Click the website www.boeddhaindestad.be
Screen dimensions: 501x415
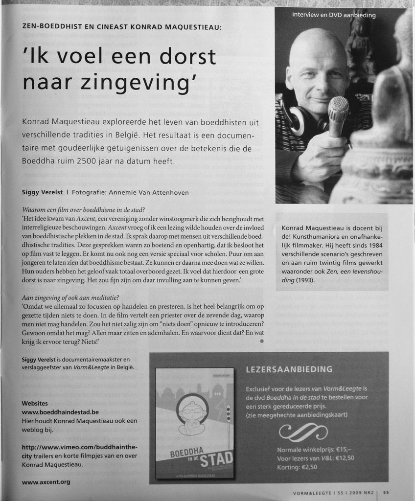[x=61, y=412]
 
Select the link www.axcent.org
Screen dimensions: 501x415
[x=46, y=482]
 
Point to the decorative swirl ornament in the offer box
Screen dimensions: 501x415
[x=303, y=432]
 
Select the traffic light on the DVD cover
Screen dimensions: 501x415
[x=228, y=414]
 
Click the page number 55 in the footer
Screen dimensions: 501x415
[x=386, y=493]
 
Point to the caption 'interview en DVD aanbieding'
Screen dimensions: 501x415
[x=334, y=15]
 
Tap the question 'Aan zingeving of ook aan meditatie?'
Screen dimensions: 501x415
[x=71, y=298]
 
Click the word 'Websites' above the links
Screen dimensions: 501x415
[x=35, y=404]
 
